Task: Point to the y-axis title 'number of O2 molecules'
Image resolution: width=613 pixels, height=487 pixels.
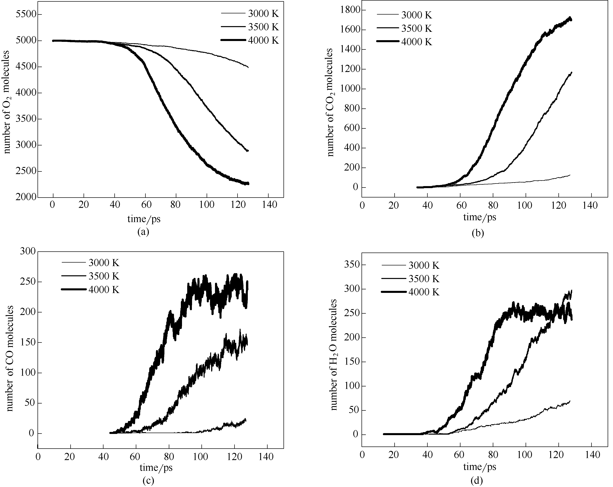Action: pos(7,102)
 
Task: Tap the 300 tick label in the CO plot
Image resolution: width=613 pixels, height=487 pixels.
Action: pos(28,251)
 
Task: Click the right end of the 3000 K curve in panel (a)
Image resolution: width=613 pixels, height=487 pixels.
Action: pos(248,67)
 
